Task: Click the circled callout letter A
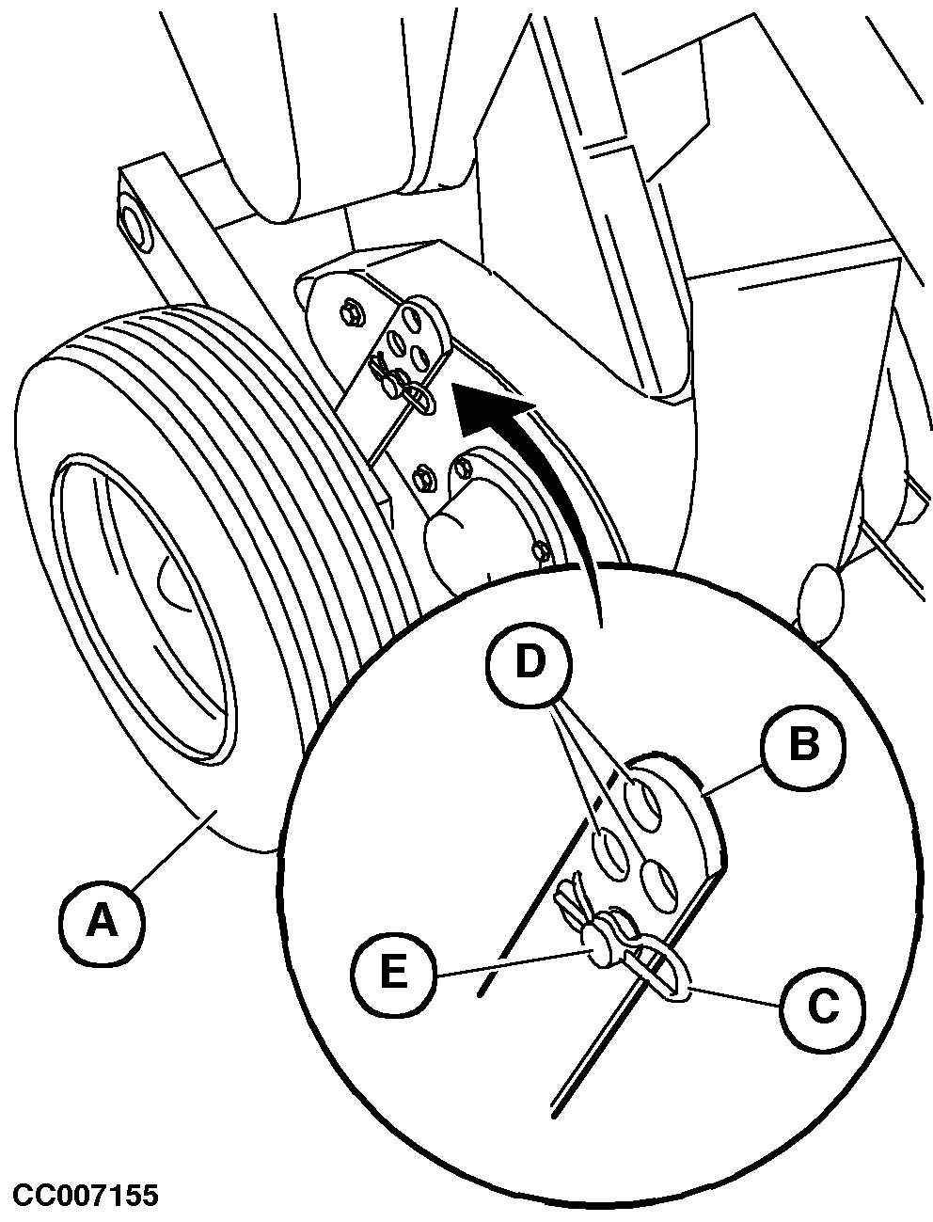coord(102,921)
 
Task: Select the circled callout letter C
coord(822,1008)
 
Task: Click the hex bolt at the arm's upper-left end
coord(135,226)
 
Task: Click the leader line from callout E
coord(512,963)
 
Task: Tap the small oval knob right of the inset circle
coord(821,603)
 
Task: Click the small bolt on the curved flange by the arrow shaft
coord(541,551)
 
